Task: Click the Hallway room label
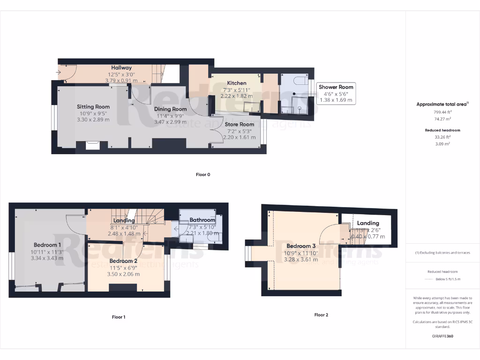click(x=121, y=68)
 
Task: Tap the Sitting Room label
click(x=93, y=107)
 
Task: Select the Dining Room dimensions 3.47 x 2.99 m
click(x=170, y=122)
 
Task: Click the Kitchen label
click(x=237, y=83)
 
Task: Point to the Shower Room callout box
click(x=336, y=93)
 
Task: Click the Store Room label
click(x=239, y=125)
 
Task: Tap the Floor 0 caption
click(x=203, y=175)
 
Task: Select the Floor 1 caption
click(x=119, y=317)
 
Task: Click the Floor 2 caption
click(x=321, y=315)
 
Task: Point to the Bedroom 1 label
click(x=47, y=245)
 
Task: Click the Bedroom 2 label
click(x=123, y=261)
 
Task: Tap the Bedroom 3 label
click(x=301, y=246)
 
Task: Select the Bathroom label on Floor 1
click(x=202, y=220)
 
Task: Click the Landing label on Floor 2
click(x=368, y=223)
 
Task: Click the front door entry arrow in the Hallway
click(x=59, y=72)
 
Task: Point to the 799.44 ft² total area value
click(x=442, y=112)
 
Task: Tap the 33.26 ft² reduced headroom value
click(x=442, y=137)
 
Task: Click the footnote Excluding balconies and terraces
click(x=442, y=253)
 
